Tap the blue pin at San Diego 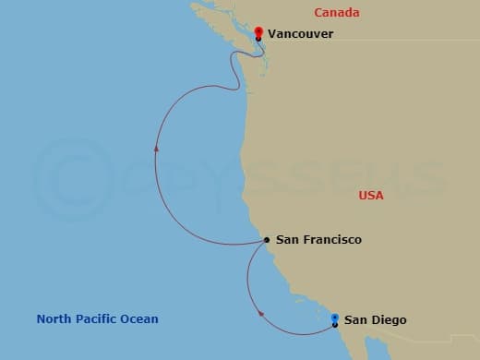[335, 318]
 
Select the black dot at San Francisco [267, 240]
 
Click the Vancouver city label [300, 34]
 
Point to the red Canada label [336, 12]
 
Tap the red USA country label [371, 196]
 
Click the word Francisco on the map [330, 240]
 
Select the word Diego [388, 320]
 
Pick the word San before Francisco [286, 240]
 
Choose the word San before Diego [355, 320]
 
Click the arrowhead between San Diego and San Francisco [261, 313]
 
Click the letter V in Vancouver [272, 34]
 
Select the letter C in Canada [318, 12]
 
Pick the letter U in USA [363, 196]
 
